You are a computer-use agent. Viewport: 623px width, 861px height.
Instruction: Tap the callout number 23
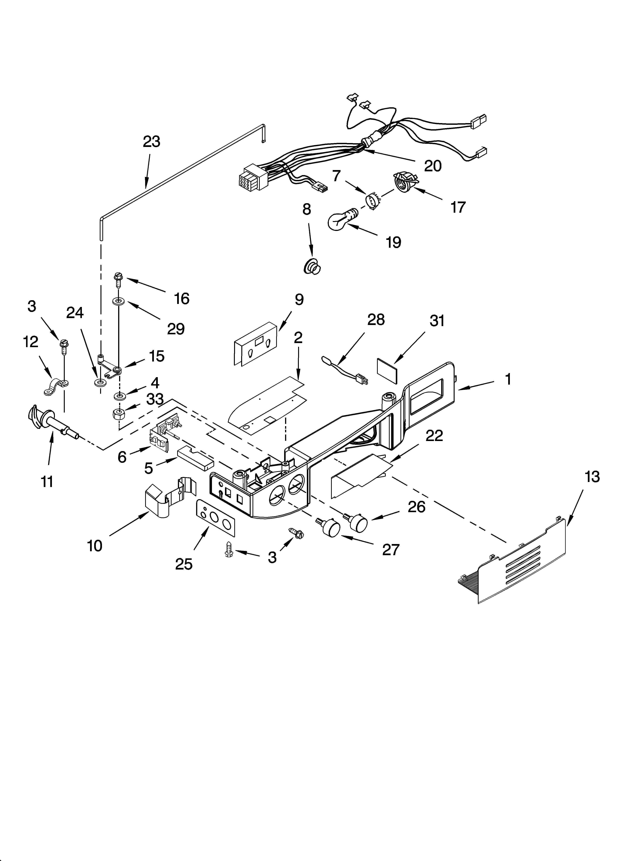[151, 142]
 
